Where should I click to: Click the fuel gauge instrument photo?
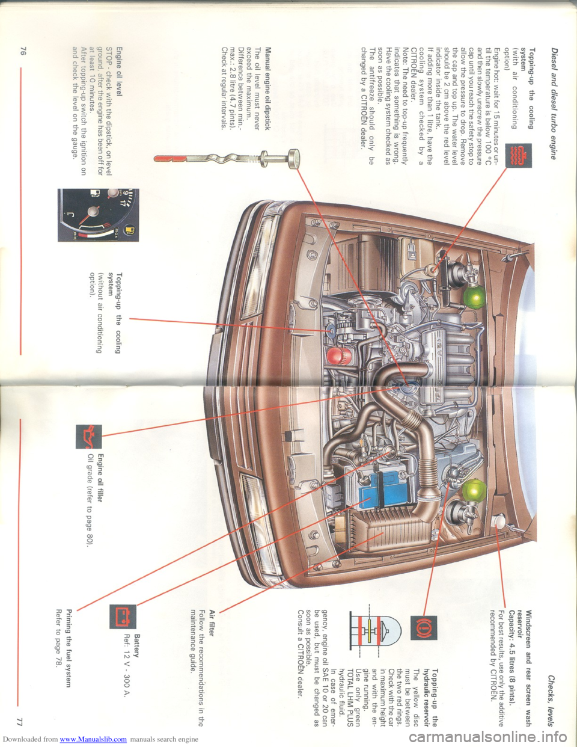tap(98, 215)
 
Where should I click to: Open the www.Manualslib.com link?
tap(94, 739)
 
